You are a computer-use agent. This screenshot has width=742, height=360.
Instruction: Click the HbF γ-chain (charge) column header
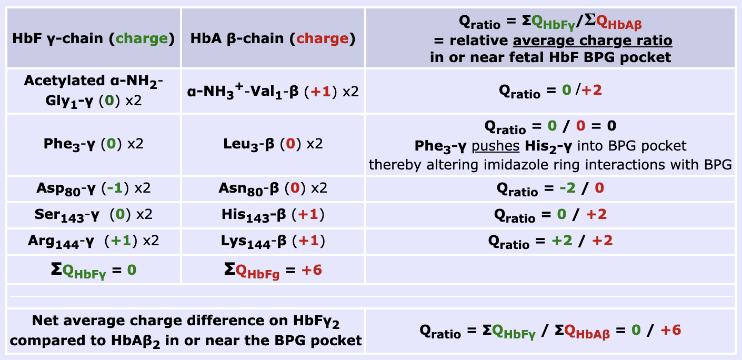(x=93, y=38)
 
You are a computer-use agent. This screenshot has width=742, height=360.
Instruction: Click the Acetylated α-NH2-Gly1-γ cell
(x=93, y=91)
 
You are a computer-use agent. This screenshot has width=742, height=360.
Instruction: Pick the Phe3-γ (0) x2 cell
(x=93, y=144)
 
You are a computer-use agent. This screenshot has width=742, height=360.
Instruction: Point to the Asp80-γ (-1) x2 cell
(x=93, y=188)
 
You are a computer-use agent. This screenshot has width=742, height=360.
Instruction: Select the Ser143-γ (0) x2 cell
(x=93, y=215)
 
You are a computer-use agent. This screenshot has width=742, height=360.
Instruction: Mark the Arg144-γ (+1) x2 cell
(x=93, y=242)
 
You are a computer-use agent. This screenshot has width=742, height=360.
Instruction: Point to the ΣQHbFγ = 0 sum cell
(x=93, y=270)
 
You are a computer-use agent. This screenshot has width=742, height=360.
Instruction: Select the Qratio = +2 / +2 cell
(x=550, y=242)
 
